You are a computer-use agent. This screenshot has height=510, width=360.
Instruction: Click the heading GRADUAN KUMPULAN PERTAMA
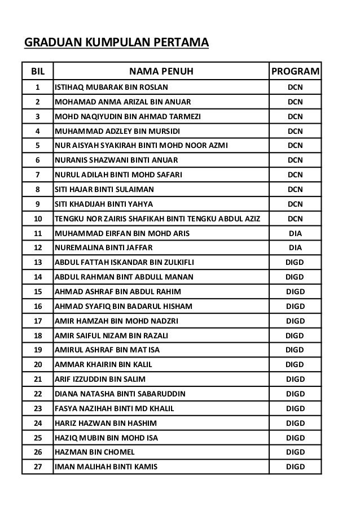(x=115, y=42)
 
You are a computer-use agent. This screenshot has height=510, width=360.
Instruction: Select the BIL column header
(x=37, y=72)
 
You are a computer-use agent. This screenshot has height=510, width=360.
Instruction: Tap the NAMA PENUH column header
(x=161, y=72)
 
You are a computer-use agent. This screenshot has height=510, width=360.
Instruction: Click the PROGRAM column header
(x=295, y=72)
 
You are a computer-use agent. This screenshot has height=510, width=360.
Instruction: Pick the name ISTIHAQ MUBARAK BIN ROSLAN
(x=111, y=88)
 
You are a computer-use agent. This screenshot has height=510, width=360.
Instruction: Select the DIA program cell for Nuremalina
(x=295, y=247)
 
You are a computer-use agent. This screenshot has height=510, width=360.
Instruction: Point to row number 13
(x=37, y=262)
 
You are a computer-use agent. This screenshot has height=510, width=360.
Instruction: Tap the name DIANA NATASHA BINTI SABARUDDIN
(x=119, y=394)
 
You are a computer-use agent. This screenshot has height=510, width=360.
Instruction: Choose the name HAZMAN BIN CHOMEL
(x=94, y=452)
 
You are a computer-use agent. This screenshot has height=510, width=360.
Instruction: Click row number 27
(x=37, y=467)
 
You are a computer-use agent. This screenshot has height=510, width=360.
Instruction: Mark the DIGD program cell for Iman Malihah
(x=295, y=467)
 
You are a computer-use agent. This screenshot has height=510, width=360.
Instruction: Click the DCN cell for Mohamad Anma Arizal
(x=295, y=102)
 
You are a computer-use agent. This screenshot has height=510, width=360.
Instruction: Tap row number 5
(x=37, y=146)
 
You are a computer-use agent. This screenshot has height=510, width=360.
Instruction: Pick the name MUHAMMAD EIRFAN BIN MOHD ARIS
(x=122, y=233)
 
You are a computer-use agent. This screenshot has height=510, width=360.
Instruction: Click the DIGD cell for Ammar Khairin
(x=295, y=364)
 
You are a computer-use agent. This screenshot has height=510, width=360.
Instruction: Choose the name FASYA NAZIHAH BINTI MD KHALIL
(x=114, y=408)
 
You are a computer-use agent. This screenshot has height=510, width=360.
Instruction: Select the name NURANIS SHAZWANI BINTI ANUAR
(x=111, y=160)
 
